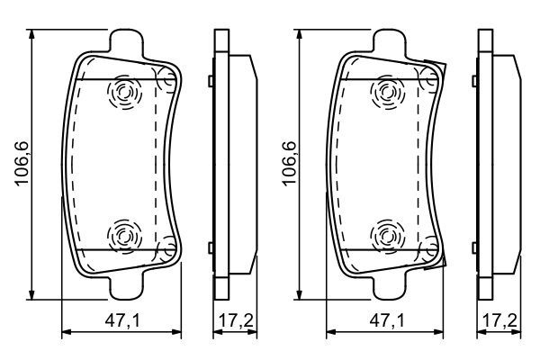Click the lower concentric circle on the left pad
tap(122, 237)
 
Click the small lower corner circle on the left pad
tap(166, 245)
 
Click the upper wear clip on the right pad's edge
tap(438, 72)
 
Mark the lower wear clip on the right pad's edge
tap(438, 256)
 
